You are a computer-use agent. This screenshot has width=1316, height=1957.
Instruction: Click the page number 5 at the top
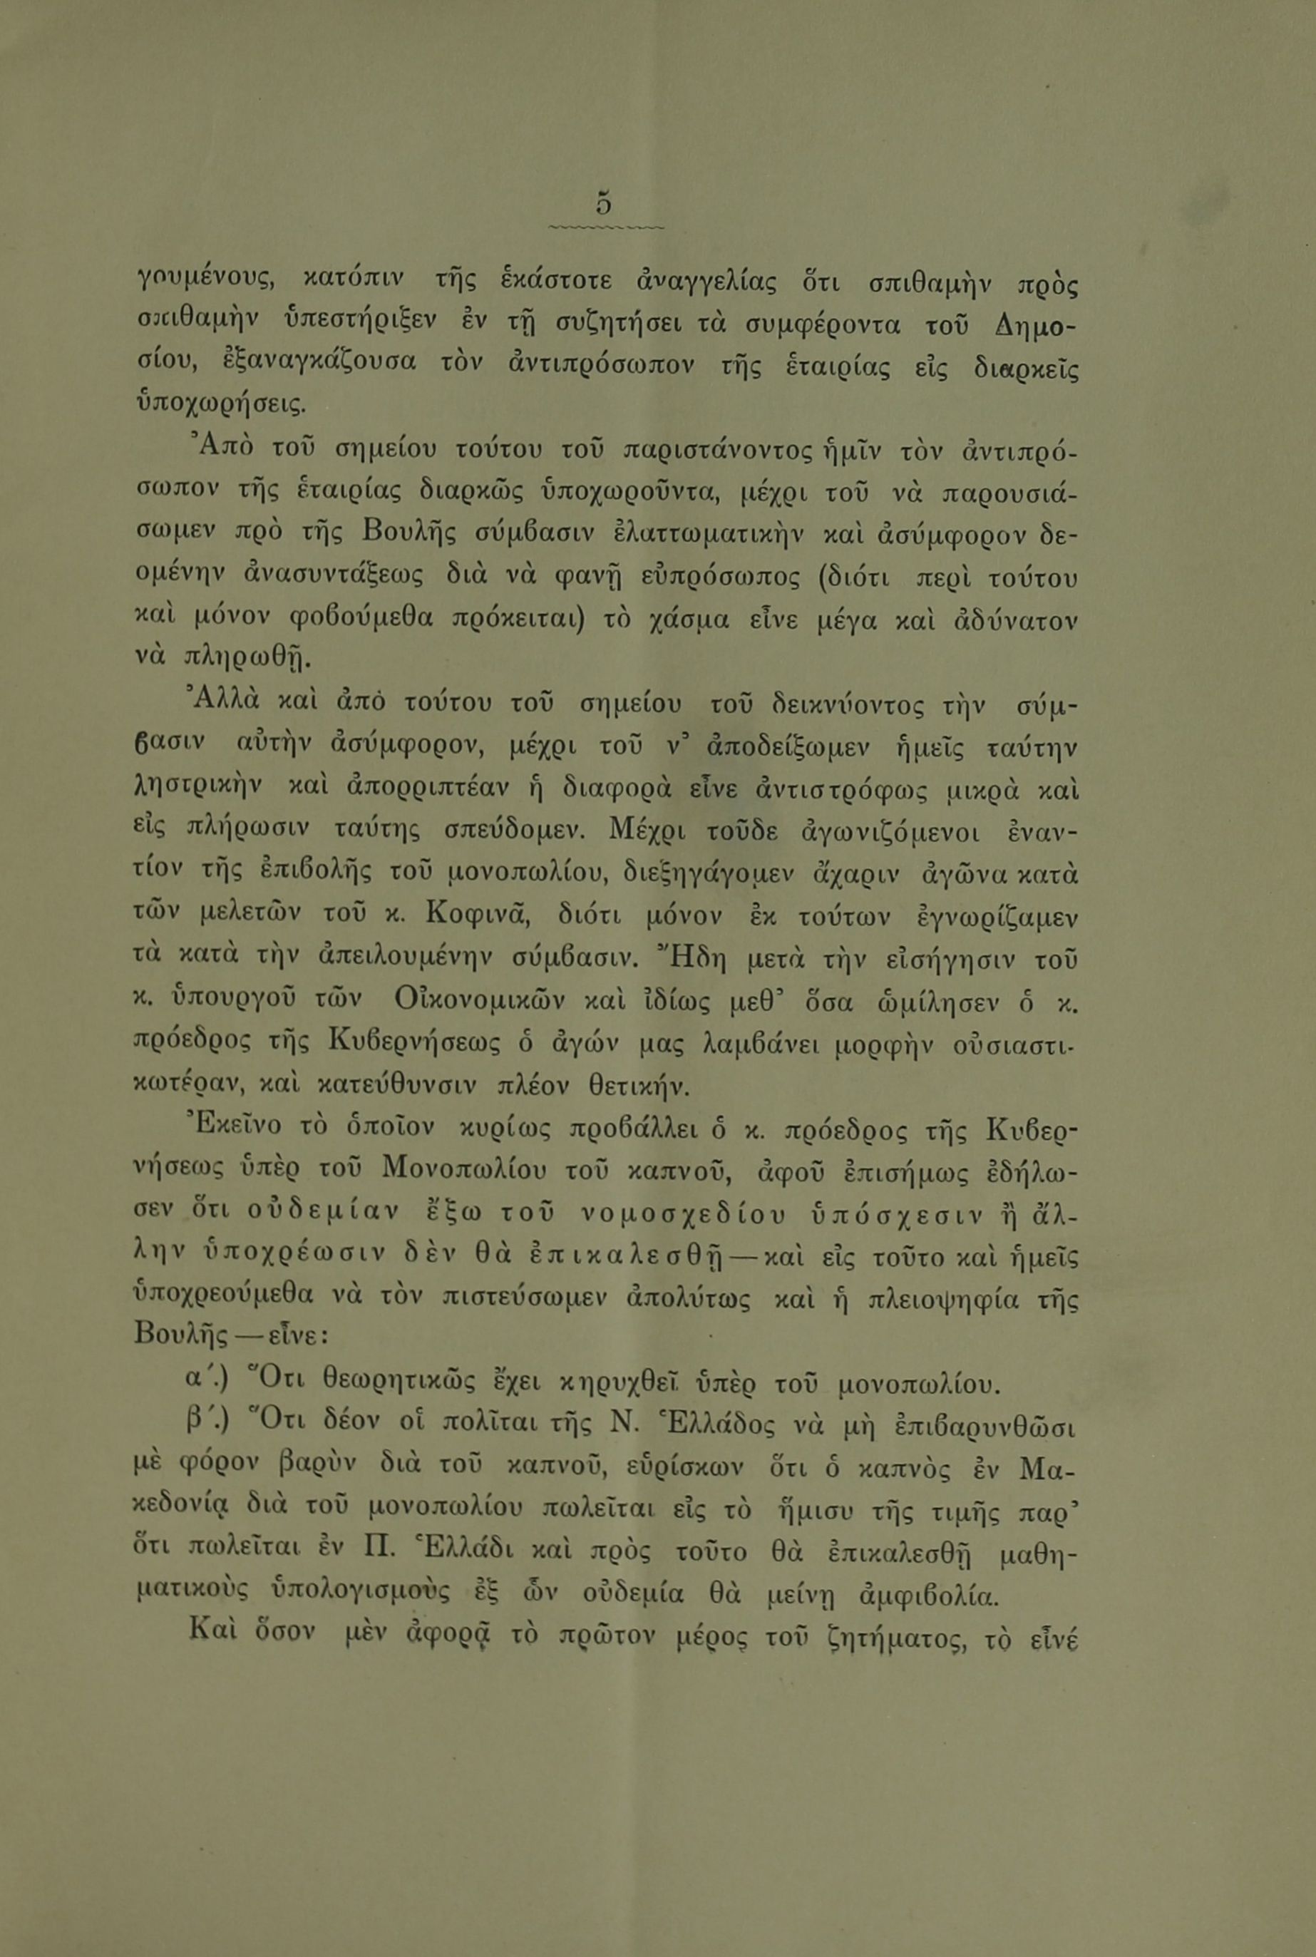click(x=603, y=204)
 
